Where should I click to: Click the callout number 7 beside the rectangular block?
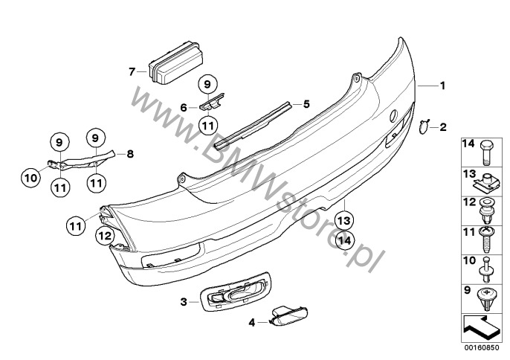[x=132, y=71]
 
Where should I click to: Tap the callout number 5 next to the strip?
[x=306, y=104]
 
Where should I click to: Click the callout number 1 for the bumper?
[x=442, y=86]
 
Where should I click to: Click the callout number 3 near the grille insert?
[x=184, y=302]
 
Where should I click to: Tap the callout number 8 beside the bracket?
[x=130, y=154]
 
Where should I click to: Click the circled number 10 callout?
[x=31, y=178]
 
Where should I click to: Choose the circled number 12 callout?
[x=106, y=235]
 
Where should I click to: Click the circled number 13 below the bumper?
[x=344, y=221]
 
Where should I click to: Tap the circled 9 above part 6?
[x=207, y=85]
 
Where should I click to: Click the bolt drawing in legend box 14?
[x=486, y=152]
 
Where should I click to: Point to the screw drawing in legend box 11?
[x=486, y=240]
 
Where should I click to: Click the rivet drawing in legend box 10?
[x=486, y=269]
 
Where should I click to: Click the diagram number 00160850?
[x=482, y=348]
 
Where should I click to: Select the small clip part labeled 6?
[x=212, y=102]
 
